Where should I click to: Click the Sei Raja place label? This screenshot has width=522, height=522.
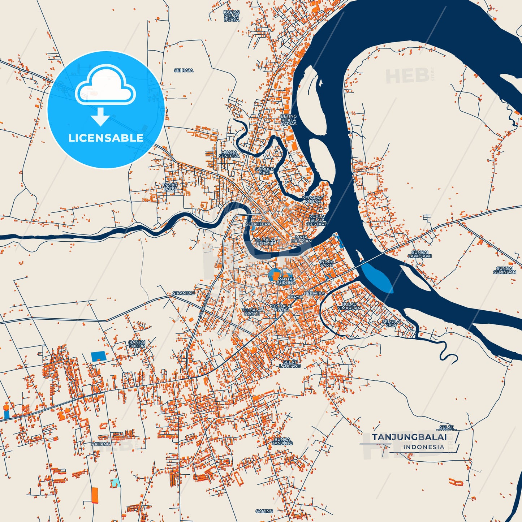[x=184, y=70]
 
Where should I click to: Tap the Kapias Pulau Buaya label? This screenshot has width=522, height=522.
[x=232, y=16]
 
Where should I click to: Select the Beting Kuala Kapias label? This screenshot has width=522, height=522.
[x=289, y=120]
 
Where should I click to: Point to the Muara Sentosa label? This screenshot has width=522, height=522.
[x=229, y=154]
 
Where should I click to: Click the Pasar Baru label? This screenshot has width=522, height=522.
[x=170, y=186]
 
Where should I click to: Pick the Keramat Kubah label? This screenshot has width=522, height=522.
[x=312, y=199]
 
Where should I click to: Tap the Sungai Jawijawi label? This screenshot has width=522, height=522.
[x=420, y=254]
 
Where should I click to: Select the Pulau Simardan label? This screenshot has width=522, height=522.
[x=349, y=306]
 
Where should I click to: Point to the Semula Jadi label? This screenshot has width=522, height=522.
[x=391, y=323]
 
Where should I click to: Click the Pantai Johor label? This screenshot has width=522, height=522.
[x=137, y=344]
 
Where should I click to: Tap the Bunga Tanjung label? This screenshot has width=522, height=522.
[x=282, y=441]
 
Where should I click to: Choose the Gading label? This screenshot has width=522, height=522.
[x=264, y=511]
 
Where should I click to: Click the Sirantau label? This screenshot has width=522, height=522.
[x=184, y=293]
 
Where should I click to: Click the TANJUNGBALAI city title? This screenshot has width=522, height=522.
[x=409, y=437]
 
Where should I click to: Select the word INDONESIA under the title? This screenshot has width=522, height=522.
[x=424, y=447]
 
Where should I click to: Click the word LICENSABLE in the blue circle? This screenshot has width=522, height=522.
[x=106, y=138]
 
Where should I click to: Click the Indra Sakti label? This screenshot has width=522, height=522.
[x=327, y=263]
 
